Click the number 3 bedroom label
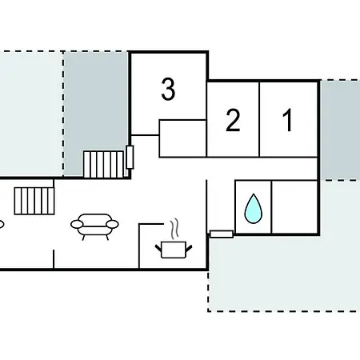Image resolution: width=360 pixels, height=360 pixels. [x=168, y=89]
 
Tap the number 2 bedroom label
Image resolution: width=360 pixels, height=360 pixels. [x=233, y=120]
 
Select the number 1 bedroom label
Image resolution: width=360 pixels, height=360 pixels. [x=287, y=120]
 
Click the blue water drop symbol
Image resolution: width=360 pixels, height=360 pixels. [x=254, y=209]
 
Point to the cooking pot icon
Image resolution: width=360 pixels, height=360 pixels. [x=174, y=250]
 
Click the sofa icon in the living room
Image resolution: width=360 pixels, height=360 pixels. [x=94, y=226]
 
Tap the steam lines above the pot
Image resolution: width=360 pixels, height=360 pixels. [x=174, y=228]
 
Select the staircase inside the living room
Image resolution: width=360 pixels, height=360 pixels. [x=34, y=201]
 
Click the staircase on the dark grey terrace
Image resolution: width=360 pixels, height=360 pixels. [x=103, y=164]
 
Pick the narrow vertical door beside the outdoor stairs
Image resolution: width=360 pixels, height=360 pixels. [x=130, y=157]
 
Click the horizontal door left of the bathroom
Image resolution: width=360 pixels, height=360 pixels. [x=222, y=234]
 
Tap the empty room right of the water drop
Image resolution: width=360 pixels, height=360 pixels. [x=294, y=207]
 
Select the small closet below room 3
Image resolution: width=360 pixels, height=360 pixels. [x=182, y=138]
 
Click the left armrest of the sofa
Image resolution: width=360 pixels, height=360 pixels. [x=77, y=224]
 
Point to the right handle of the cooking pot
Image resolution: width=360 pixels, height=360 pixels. [x=189, y=249]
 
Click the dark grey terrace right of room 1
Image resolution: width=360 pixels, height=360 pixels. [x=341, y=130]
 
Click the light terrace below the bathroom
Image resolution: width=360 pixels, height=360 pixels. [x=284, y=273]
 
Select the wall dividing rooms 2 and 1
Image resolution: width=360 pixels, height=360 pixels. [x=259, y=119]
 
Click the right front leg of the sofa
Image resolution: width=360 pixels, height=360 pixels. [x=107, y=238]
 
